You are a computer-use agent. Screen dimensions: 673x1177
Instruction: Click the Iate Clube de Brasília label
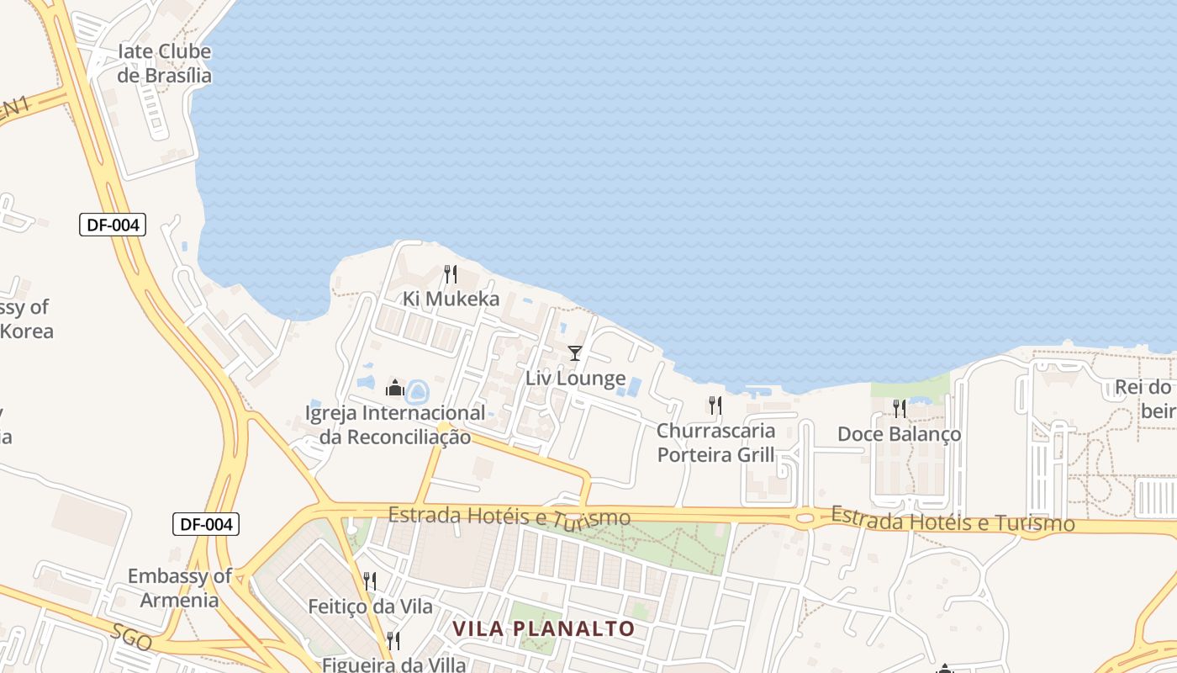coord(164,63)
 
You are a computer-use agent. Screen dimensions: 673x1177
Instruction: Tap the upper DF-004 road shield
coord(113,225)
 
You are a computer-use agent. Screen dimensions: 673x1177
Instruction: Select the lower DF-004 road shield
coord(206,524)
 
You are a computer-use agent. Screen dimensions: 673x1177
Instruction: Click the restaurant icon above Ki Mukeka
coord(451,274)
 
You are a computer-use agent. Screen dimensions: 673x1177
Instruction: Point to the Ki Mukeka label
coord(451,299)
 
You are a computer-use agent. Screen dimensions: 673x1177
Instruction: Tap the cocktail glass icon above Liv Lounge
coord(575,353)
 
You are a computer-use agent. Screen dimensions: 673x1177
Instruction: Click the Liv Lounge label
coord(575,379)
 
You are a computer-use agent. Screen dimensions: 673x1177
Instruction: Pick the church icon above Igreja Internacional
coord(394,388)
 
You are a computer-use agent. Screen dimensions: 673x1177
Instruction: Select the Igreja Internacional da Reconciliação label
coord(395,425)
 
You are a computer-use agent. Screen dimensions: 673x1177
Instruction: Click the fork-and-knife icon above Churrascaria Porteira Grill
coord(715,406)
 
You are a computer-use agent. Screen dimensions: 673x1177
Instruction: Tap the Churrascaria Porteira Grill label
coord(715,442)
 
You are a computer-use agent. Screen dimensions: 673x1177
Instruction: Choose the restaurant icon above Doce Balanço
coord(900,409)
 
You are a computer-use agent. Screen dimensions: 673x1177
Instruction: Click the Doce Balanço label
coord(899,434)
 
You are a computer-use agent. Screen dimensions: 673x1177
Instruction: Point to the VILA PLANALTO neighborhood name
coord(543,628)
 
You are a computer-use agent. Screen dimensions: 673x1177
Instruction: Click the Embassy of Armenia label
coord(179,588)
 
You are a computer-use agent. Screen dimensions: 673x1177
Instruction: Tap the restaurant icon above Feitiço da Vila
coord(369,580)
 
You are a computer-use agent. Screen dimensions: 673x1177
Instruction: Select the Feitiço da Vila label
coord(370,607)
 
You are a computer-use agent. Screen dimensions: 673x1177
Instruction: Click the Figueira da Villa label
coord(393,664)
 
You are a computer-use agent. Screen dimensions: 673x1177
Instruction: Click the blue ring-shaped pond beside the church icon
coord(417,390)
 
